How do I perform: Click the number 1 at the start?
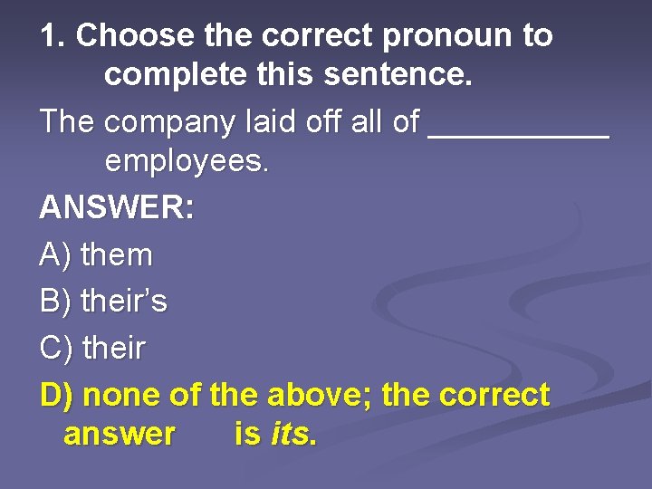pos(48,36)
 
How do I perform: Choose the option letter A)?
pos(56,255)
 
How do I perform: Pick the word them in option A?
pos(117,255)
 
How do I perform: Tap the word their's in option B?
pos(124,301)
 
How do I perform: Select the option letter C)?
pos(57,348)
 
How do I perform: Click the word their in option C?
pos(114,348)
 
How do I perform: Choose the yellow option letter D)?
pos(58,395)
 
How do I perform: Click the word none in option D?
pos(125,395)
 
